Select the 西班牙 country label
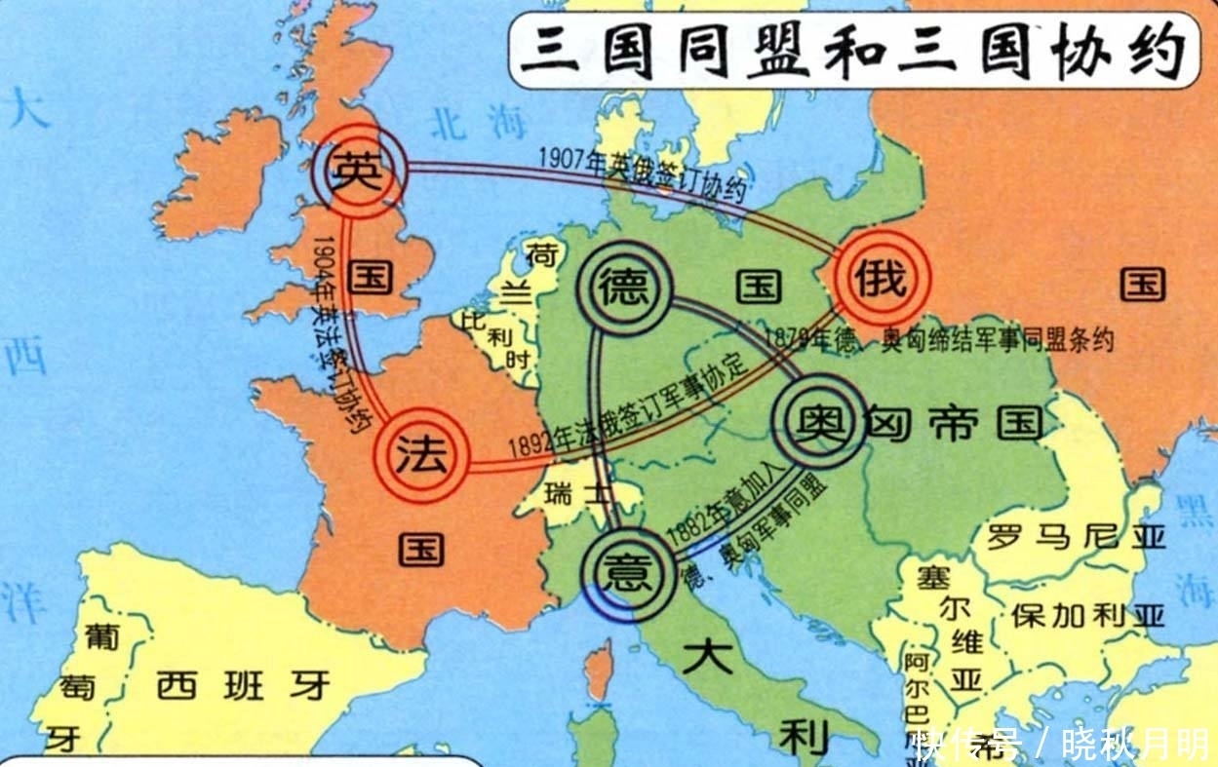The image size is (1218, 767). pyautogui.click(x=244, y=686)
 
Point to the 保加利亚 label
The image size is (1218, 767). pyautogui.click(x=1087, y=615)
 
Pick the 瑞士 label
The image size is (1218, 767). pyautogui.click(x=580, y=494)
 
